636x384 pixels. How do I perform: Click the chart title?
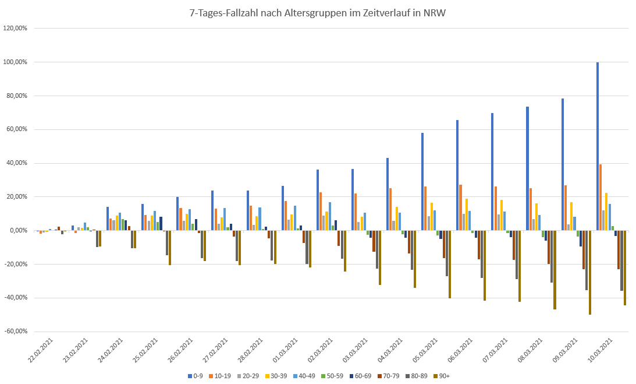[x=318, y=12]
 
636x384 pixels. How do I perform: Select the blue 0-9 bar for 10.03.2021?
[x=598, y=146]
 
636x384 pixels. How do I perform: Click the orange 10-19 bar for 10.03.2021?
[x=601, y=198]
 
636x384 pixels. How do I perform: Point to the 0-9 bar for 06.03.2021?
[x=457, y=175]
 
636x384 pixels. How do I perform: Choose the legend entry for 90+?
[x=443, y=376]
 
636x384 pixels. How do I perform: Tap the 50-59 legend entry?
[x=332, y=376]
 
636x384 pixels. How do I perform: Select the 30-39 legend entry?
[x=277, y=376]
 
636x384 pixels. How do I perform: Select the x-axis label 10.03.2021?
[x=601, y=350]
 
